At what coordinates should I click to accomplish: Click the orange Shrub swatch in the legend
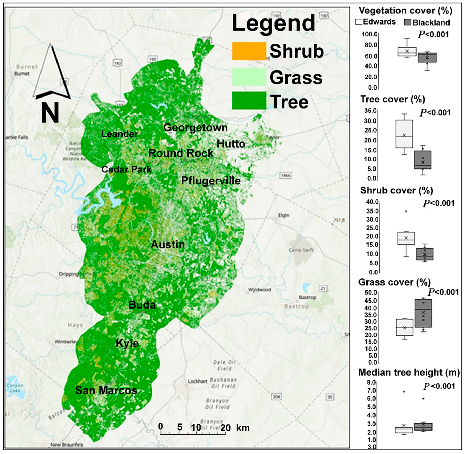[249, 51]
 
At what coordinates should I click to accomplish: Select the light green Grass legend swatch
[249, 77]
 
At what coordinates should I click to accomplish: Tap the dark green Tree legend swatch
[249, 101]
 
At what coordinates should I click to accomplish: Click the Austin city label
[168, 245]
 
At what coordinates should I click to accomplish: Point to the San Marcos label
[106, 391]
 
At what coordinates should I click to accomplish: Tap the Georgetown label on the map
[195, 127]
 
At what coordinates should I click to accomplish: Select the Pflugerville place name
[211, 181]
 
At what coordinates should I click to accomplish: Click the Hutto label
[231, 144]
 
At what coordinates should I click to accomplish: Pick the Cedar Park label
[126, 169]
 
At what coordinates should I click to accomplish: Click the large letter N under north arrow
[50, 113]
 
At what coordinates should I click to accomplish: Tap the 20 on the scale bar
[225, 428]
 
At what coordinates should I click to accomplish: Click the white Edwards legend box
[358, 22]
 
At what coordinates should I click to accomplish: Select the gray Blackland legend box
[407, 22]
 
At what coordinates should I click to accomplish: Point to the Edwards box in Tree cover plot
[404, 134]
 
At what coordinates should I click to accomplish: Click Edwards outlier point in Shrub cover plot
[406, 211]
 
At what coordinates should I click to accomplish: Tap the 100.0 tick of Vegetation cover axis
[369, 34]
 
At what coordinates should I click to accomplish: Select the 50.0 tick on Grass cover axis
[371, 292]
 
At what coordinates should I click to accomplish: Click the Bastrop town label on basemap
[307, 297]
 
